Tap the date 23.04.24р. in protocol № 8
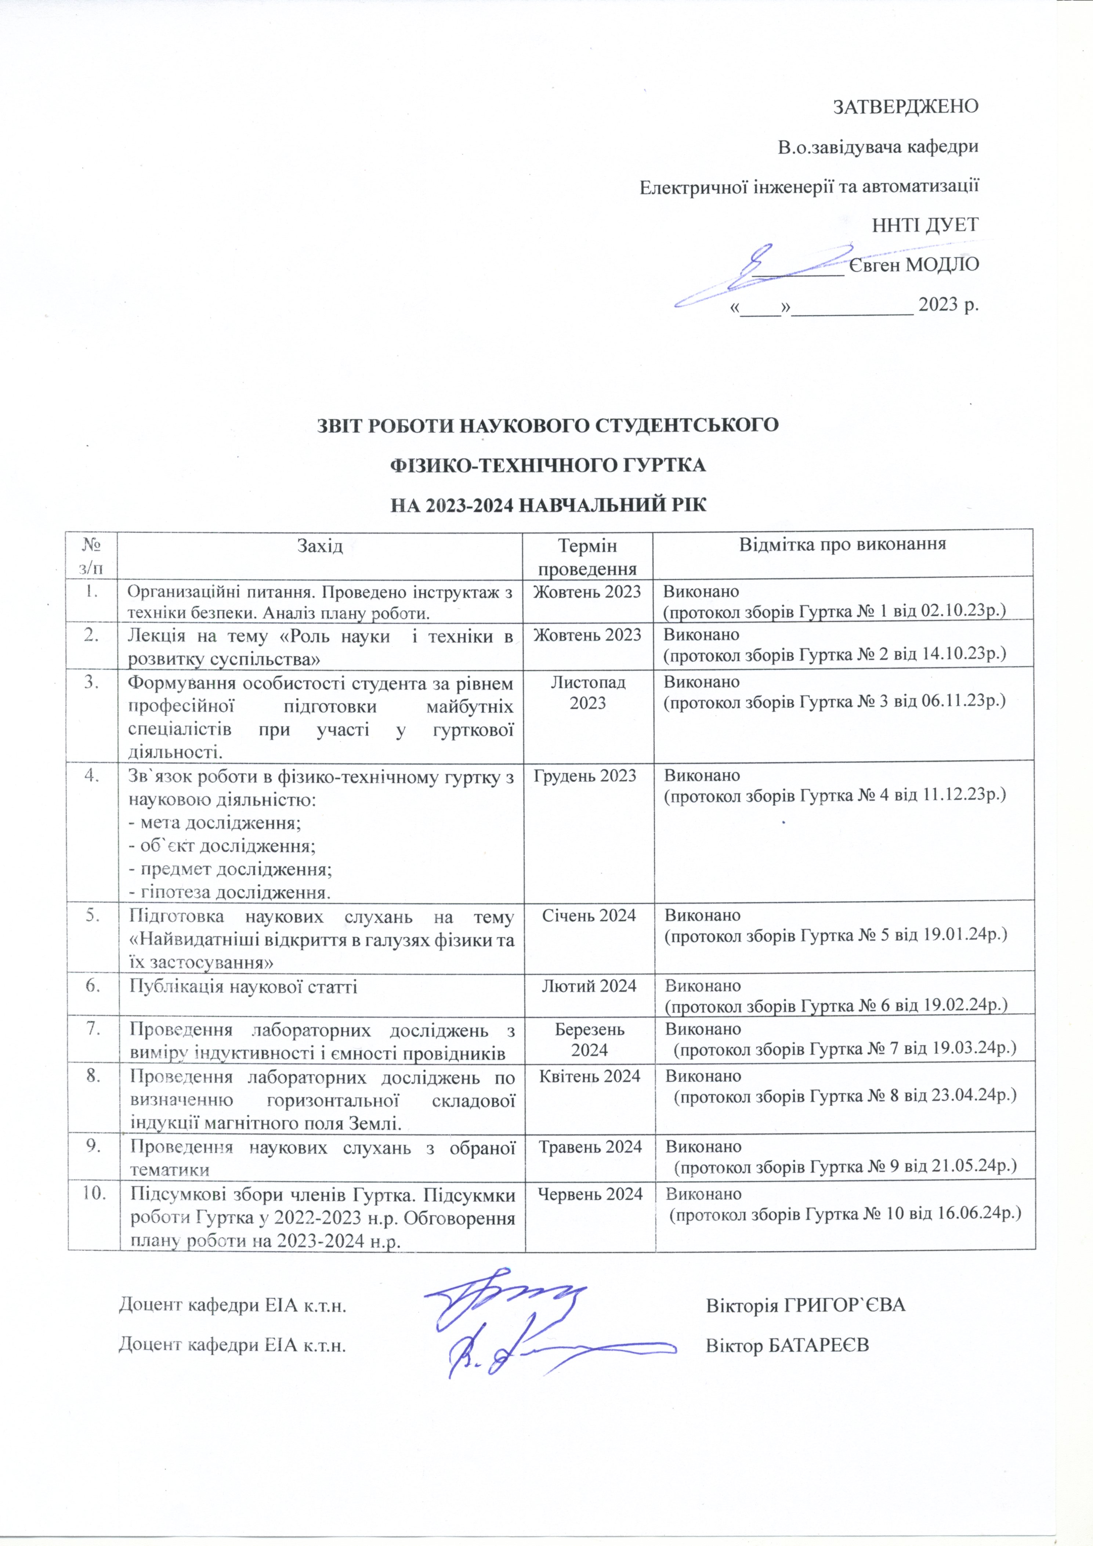point(973,1096)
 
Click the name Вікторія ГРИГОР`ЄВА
point(806,1305)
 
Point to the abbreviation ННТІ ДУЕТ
point(924,225)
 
